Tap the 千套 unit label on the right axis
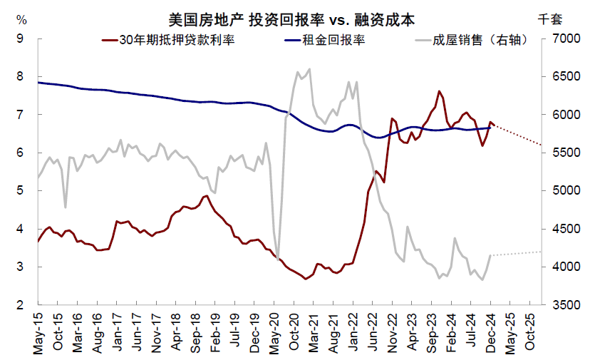551,19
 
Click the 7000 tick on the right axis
560,38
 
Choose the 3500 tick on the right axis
560,305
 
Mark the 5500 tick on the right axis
560,153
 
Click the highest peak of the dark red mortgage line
440,91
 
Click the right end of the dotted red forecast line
542,145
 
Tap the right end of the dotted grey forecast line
542,252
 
